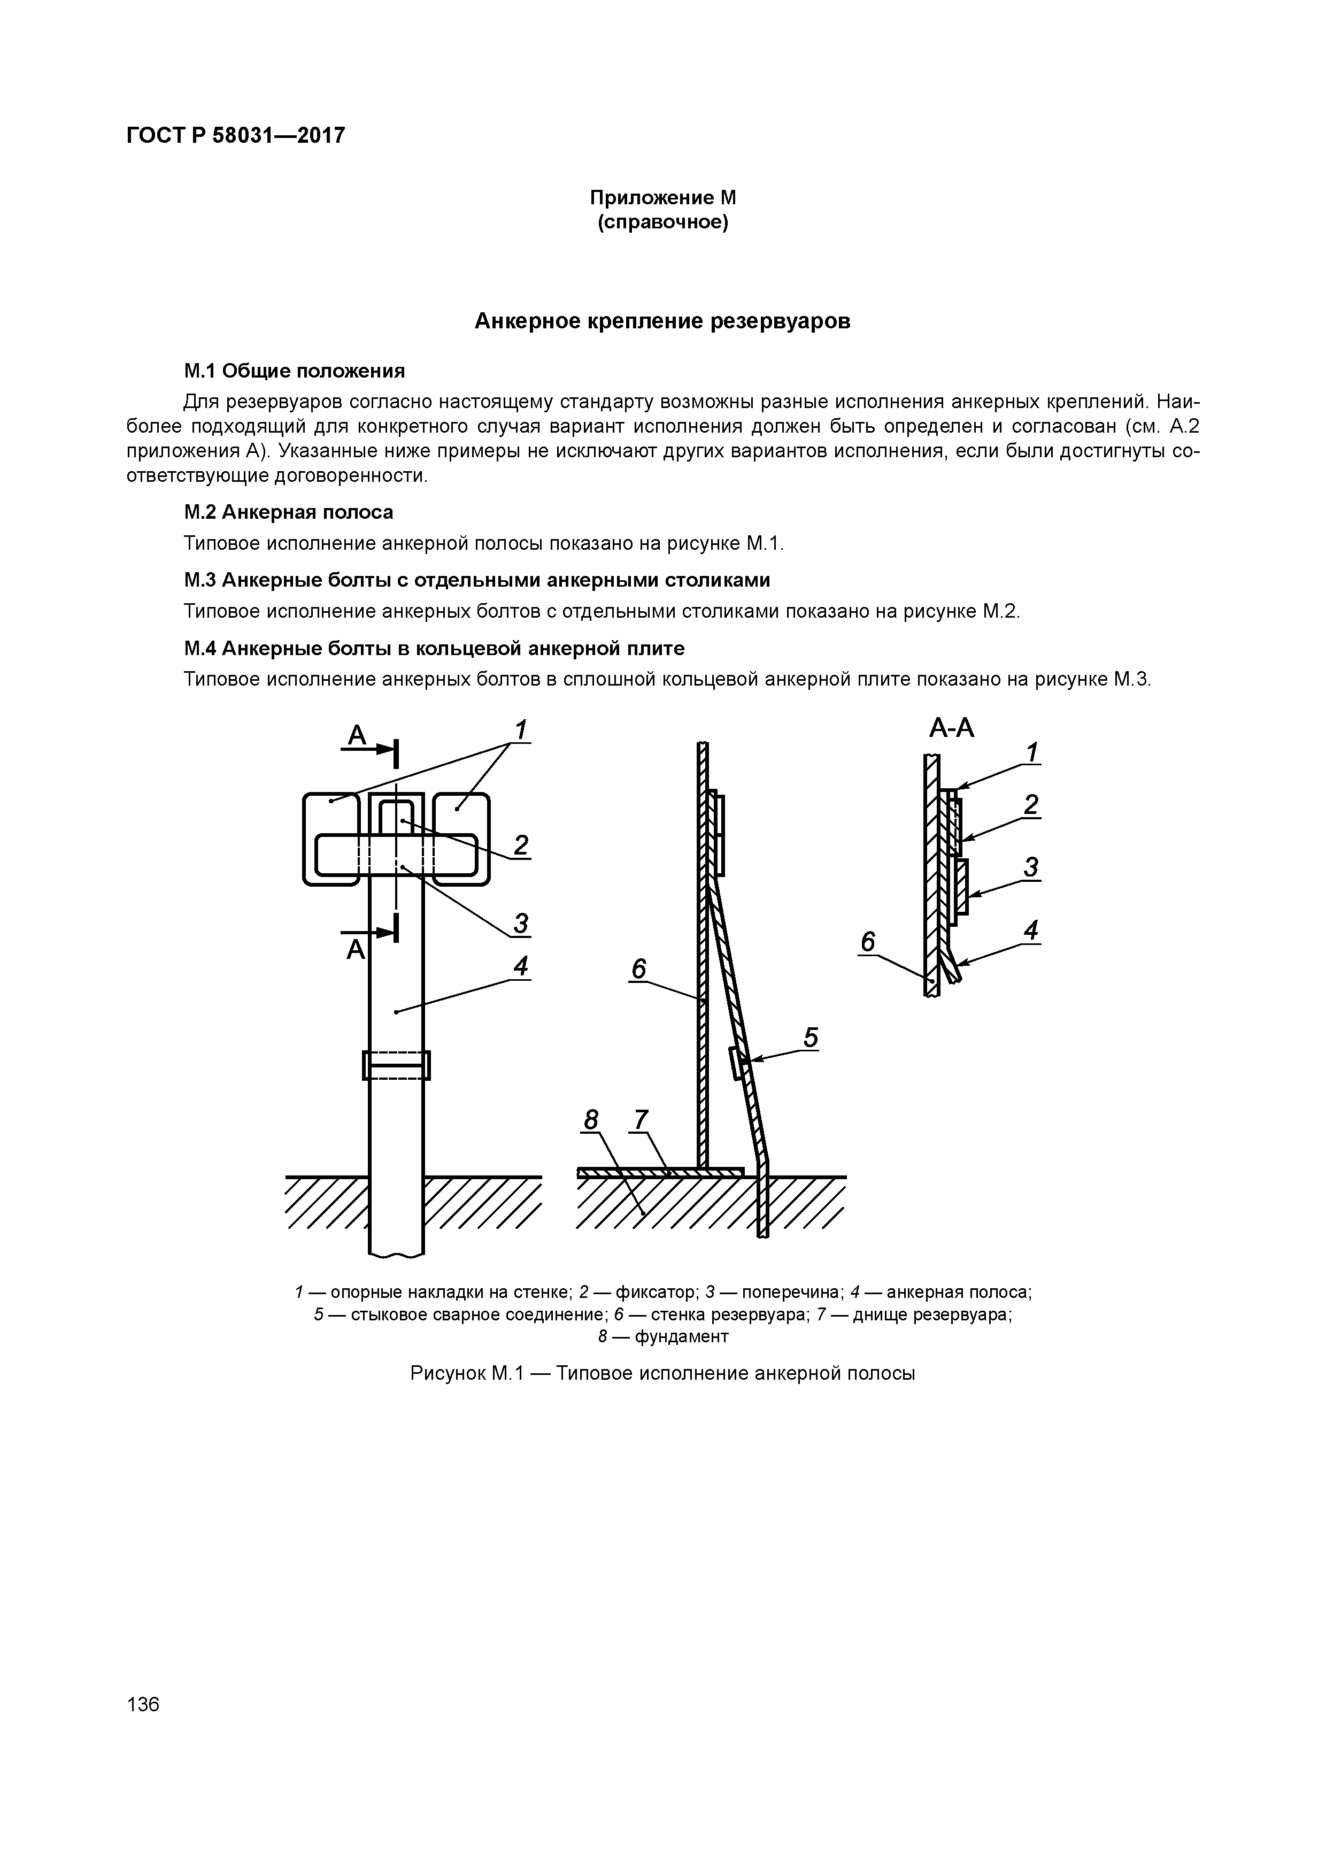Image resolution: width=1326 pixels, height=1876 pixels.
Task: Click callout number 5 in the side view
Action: click(x=811, y=1037)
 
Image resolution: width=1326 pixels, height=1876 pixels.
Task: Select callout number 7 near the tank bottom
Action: click(x=641, y=1119)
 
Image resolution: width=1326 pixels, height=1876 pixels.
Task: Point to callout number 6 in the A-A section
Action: click(x=868, y=942)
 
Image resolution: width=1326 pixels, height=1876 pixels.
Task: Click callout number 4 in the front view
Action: click(x=520, y=966)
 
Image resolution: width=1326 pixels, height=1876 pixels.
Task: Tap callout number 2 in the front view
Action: click(x=520, y=844)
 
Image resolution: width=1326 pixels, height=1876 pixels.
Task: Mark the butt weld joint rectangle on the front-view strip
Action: click(x=396, y=1065)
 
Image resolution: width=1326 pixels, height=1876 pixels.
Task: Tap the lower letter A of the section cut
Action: click(x=356, y=949)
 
